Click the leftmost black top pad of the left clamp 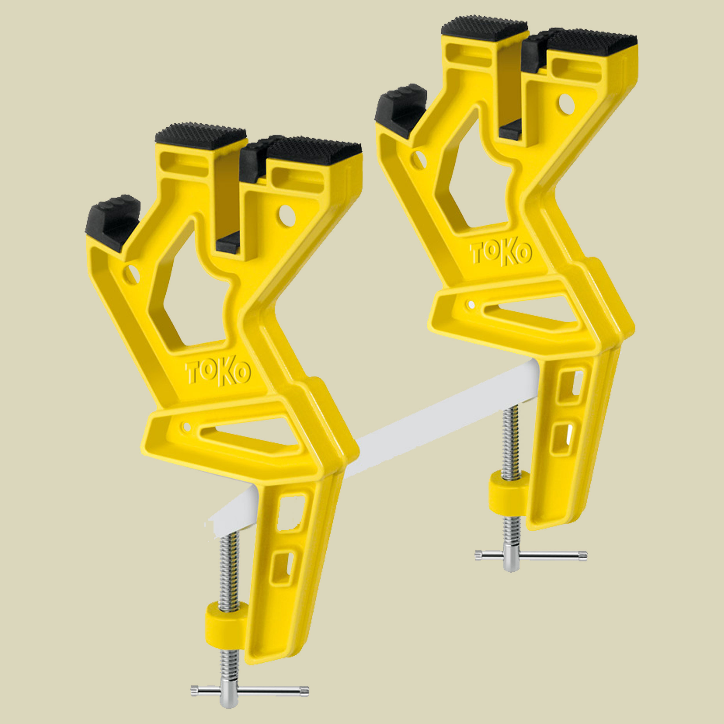point(200,136)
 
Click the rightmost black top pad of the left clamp point(315,150)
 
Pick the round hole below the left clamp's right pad point(287,216)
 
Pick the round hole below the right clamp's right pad point(567,104)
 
